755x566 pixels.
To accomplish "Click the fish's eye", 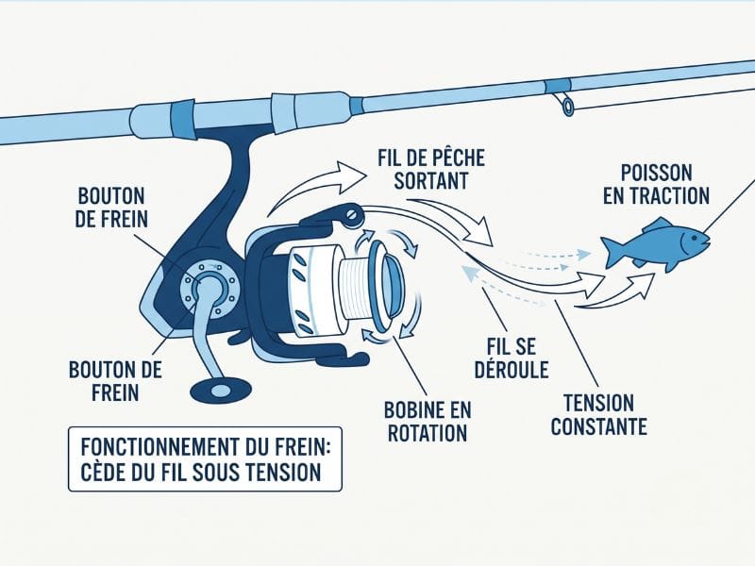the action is click(694, 238).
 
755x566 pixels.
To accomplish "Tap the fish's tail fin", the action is click(612, 252).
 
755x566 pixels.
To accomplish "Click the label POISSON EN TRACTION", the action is click(656, 185).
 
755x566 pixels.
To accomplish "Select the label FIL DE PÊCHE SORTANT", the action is click(430, 170).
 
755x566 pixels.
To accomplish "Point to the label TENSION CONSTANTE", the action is click(598, 415).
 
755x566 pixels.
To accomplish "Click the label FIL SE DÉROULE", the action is click(512, 358).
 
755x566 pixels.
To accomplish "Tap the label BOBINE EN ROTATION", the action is click(428, 422).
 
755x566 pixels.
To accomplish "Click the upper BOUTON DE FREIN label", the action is click(111, 208).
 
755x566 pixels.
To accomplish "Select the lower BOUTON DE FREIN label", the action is click(115, 381).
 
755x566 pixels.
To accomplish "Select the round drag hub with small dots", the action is click(208, 289).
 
